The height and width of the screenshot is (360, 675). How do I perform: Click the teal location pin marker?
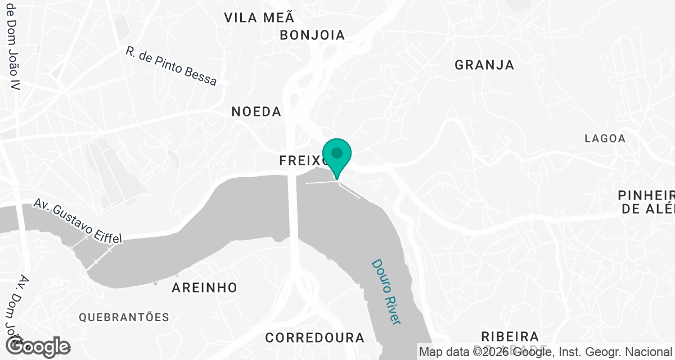(337, 157)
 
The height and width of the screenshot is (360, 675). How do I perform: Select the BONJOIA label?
(312, 35)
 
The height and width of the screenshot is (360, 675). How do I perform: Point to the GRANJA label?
(484, 65)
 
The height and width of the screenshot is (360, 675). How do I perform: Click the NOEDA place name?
(256, 111)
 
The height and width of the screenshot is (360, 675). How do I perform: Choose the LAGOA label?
(605, 138)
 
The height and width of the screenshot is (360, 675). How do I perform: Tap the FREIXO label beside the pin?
(301, 161)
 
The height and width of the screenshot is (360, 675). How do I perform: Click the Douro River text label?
(386, 291)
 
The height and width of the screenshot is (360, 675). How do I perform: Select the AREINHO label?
(204, 287)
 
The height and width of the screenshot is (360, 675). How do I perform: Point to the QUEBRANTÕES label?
(124, 317)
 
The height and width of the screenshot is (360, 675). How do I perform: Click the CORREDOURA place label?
(314, 337)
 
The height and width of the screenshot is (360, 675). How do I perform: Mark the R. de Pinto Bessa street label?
(171, 66)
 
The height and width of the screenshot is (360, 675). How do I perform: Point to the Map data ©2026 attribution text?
(546, 352)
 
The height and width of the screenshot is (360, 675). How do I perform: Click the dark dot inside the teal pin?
(337, 152)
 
